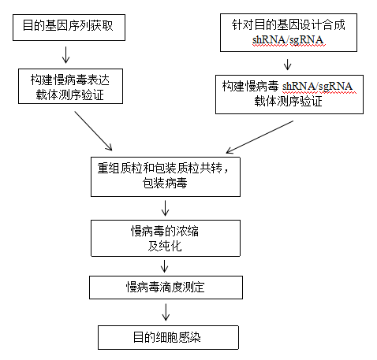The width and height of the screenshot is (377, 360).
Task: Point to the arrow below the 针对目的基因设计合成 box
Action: coord(293,63)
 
